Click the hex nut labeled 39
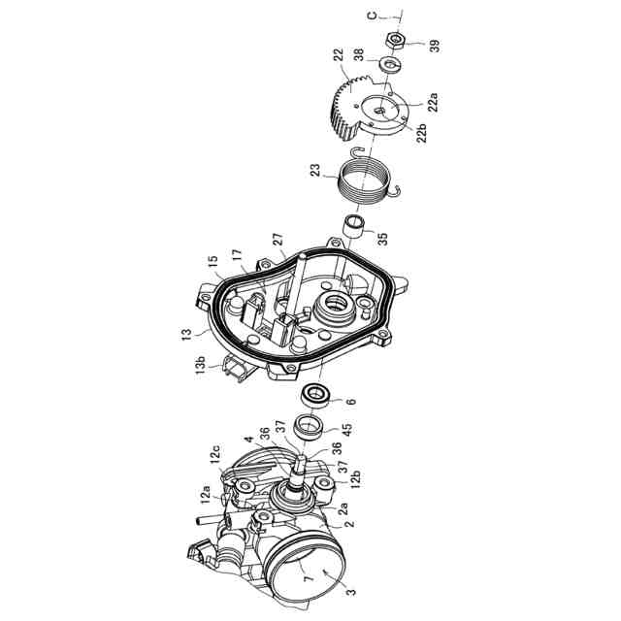[x=395, y=41]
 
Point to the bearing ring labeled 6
[x=317, y=395]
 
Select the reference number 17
[x=236, y=255]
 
